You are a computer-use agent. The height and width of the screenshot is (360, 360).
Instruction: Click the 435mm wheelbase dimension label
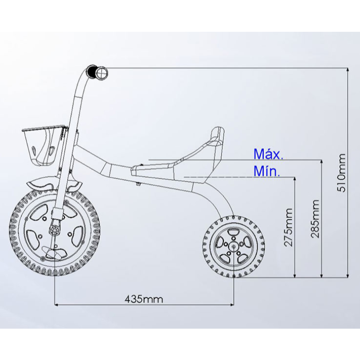click(144, 299)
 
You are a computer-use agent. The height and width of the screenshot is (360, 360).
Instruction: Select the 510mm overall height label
click(341, 173)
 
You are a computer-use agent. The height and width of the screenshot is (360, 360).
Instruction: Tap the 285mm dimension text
click(315, 219)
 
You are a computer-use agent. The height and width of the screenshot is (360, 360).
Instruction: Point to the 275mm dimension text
click(288, 227)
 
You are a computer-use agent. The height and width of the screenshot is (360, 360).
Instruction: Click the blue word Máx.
click(268, 154)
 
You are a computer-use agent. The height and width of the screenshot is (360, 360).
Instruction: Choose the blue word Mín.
click(267, 171)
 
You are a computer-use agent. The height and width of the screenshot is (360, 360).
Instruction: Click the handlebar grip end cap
click(102, 73)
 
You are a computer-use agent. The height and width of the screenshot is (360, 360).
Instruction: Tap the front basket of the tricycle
click(44, 146)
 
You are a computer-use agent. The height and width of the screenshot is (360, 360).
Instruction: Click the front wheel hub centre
click(55, 230)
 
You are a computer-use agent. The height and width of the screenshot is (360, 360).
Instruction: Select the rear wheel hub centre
click(234, 246)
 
